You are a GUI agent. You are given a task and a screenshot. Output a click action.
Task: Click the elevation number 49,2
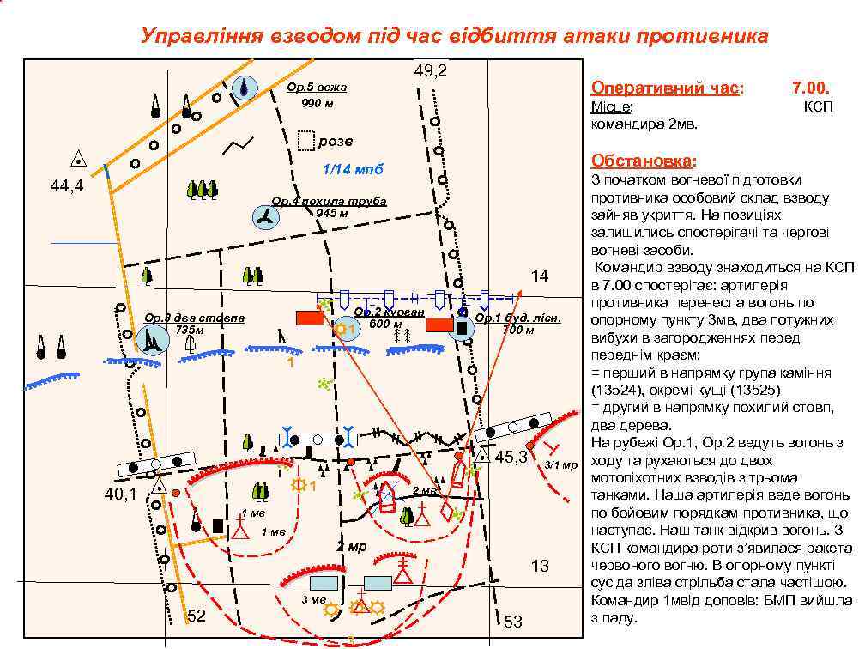430,70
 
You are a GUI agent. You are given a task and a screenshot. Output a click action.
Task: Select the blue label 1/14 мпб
352,169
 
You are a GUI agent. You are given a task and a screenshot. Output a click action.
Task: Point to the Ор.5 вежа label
317,88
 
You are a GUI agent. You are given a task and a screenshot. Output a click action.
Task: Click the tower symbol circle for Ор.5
246,88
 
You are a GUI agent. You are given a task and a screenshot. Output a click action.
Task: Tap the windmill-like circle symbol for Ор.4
263,218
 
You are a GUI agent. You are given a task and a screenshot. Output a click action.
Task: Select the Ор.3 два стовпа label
195,318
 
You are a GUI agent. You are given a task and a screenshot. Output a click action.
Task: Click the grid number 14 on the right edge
539,276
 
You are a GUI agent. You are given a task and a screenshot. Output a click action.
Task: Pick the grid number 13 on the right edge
539,566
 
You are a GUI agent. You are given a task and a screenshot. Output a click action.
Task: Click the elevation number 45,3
511,458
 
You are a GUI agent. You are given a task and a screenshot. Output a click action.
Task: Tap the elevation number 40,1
120,494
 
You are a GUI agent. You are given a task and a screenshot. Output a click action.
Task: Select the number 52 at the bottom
197,616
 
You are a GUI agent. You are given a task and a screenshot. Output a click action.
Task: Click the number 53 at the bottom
513,622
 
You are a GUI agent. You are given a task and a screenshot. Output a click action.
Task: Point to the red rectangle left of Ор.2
309,318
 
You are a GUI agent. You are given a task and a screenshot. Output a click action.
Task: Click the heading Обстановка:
644,161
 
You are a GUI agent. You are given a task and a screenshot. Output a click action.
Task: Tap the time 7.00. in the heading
809,88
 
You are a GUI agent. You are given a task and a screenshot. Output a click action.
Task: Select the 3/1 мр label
561,464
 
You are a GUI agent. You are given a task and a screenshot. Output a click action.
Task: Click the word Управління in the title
191,37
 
